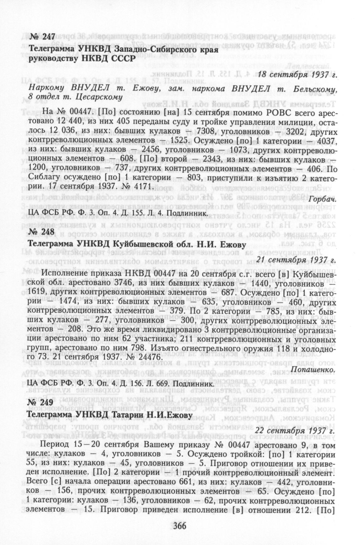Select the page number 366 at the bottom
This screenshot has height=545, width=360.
(x=180, y=526)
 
